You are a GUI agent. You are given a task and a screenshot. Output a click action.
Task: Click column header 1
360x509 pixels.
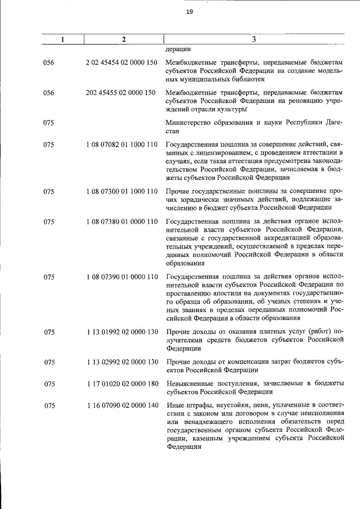62,39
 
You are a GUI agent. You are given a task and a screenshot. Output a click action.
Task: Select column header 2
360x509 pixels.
123,39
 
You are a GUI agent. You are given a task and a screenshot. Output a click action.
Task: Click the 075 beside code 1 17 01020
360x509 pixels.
49,384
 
